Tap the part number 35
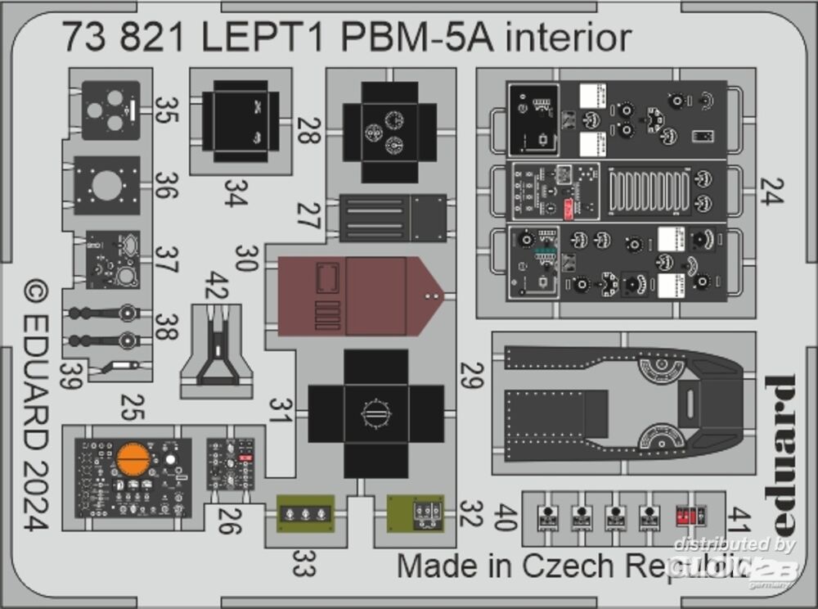pos(166,110)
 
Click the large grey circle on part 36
pos(107,185)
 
